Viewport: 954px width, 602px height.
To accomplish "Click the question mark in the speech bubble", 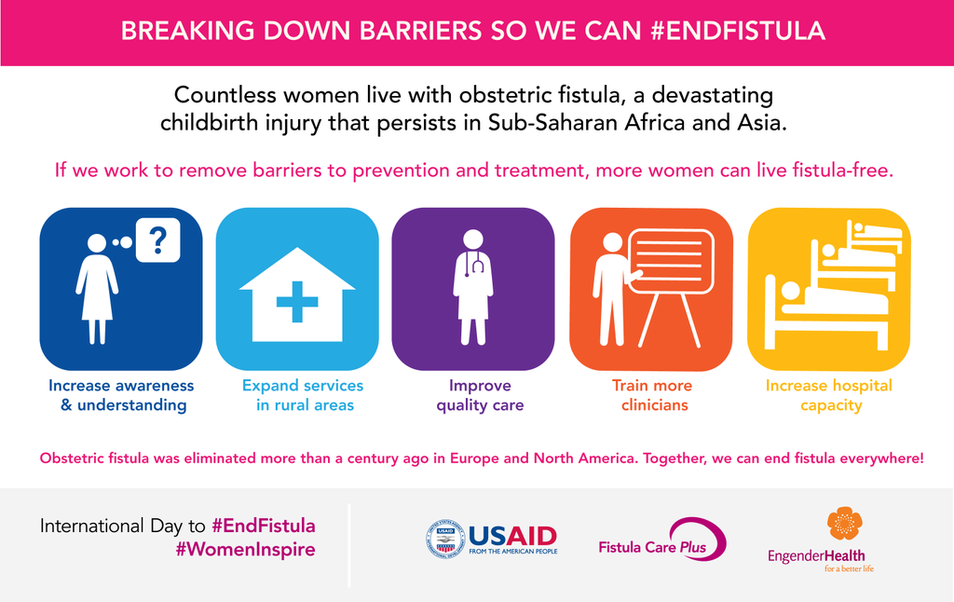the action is [x=157, y=240].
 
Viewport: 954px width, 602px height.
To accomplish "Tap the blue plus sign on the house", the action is [x=297, y=301].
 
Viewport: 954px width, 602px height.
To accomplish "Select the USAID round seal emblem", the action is [x=445, y=539].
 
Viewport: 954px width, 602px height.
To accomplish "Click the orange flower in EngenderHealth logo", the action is [x=844, y=523].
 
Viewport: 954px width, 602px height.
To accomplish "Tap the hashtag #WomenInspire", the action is [x=245, y=550].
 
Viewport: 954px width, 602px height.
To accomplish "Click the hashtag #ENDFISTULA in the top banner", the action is [x=738, y=31].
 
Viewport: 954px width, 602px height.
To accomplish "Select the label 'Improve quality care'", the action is [x=480, y=395].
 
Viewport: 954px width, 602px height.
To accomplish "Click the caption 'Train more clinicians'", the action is [x=653, y=395].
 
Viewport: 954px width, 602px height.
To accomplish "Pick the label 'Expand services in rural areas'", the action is [x=304, y=395].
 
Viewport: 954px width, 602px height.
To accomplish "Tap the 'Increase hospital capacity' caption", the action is [x=829, y=395].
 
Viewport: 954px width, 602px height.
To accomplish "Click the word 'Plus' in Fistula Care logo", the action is [x=693, y=547].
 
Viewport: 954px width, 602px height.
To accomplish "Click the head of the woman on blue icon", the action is [x=97, y=243].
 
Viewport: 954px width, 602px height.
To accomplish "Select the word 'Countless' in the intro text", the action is [x=225, y=95].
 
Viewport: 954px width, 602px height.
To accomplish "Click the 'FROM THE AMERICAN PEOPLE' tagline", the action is [x=513, y=552].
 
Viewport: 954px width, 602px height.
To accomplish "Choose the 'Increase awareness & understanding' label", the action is [x=122, y=395].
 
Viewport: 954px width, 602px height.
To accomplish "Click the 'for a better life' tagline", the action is [x=850, y=568].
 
